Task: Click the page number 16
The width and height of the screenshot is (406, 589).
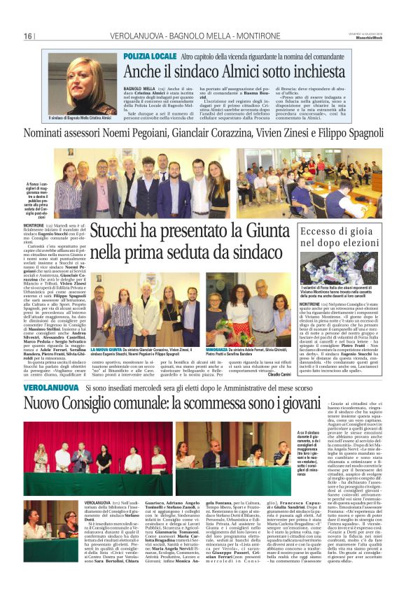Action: click(28, 36)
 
